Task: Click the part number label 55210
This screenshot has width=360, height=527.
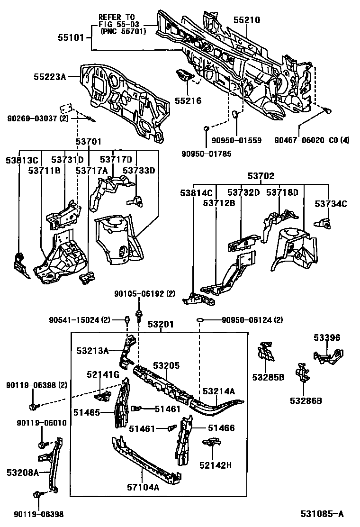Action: [247, 20]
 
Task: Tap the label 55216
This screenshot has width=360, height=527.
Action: [188, 100]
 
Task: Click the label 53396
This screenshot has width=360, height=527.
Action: [326, 337]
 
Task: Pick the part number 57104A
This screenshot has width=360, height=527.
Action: [143, 486]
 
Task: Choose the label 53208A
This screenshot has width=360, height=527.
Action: [22, 472]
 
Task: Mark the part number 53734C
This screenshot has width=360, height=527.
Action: [331, 204]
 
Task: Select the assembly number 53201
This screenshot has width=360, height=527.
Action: [160, 325]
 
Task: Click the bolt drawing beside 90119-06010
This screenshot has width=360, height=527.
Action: [41, 445]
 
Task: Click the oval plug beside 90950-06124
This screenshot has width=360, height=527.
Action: [200, 320]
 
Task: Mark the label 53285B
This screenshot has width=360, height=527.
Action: [268, 377]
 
